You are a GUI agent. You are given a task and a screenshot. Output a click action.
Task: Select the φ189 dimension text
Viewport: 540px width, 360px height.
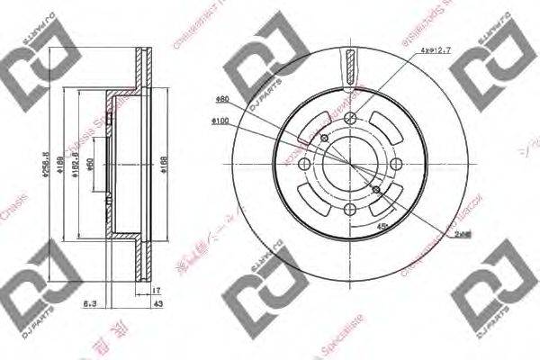click(77, 166)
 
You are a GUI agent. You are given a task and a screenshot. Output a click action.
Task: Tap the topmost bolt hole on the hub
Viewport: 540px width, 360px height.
click(353, 125)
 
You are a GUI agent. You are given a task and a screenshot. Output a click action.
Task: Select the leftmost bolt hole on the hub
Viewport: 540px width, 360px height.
click(306, 163)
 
